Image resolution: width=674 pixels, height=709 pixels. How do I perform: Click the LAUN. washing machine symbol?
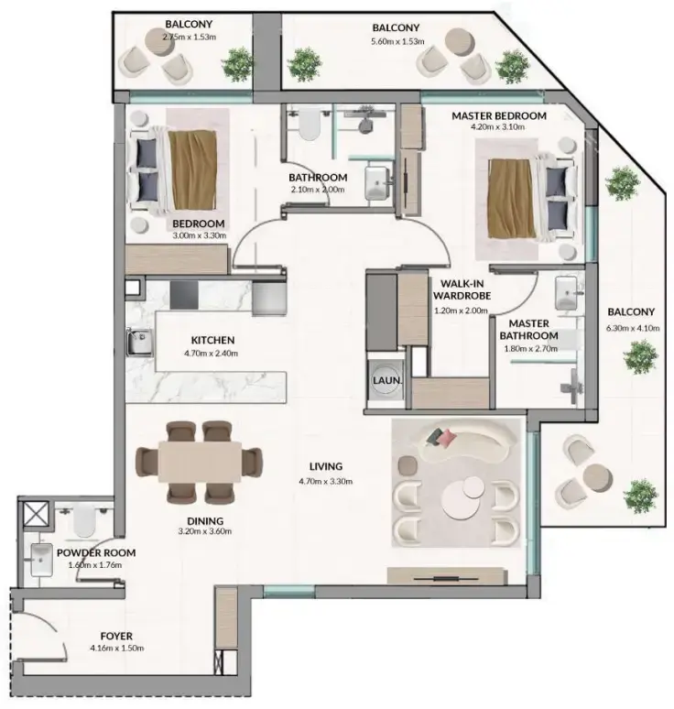383,381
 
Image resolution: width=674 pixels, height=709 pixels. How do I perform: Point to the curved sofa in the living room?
467,441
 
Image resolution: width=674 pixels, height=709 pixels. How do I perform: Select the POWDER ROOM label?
96,553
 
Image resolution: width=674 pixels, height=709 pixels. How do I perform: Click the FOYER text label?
117,636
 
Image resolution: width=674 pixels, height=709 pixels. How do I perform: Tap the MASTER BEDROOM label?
499,116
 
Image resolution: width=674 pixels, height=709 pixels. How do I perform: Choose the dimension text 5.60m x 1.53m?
396,42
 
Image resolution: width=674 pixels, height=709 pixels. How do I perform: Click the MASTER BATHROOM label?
528,330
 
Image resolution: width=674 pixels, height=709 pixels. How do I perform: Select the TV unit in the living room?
445,576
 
